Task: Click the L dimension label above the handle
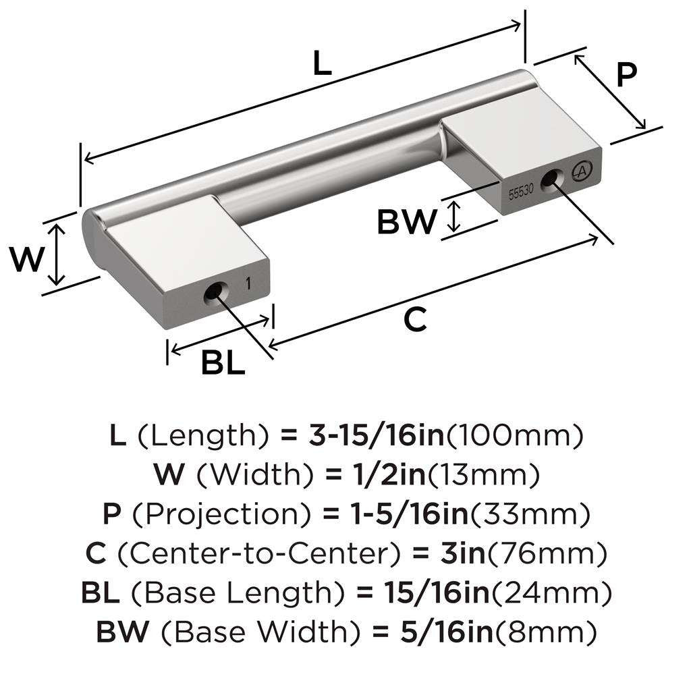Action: click(x=323, y=64)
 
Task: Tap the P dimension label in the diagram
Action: click(x=626, y=75)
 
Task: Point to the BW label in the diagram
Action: click(x=406, y=221)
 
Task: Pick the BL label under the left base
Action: click(x=223, y=364)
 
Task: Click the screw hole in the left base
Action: click(x=213, y=294)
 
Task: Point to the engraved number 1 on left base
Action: click(x=249, y=284)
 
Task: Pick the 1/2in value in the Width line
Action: click(x=382, y=476)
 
